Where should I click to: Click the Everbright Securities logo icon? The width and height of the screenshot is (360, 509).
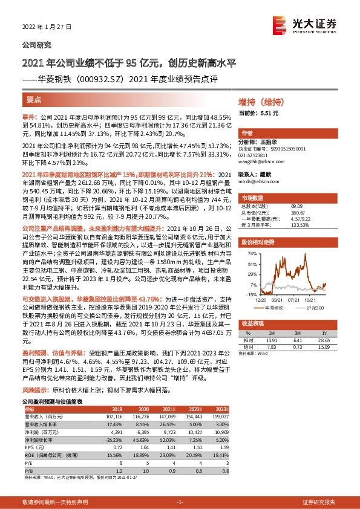tap(280, 24)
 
